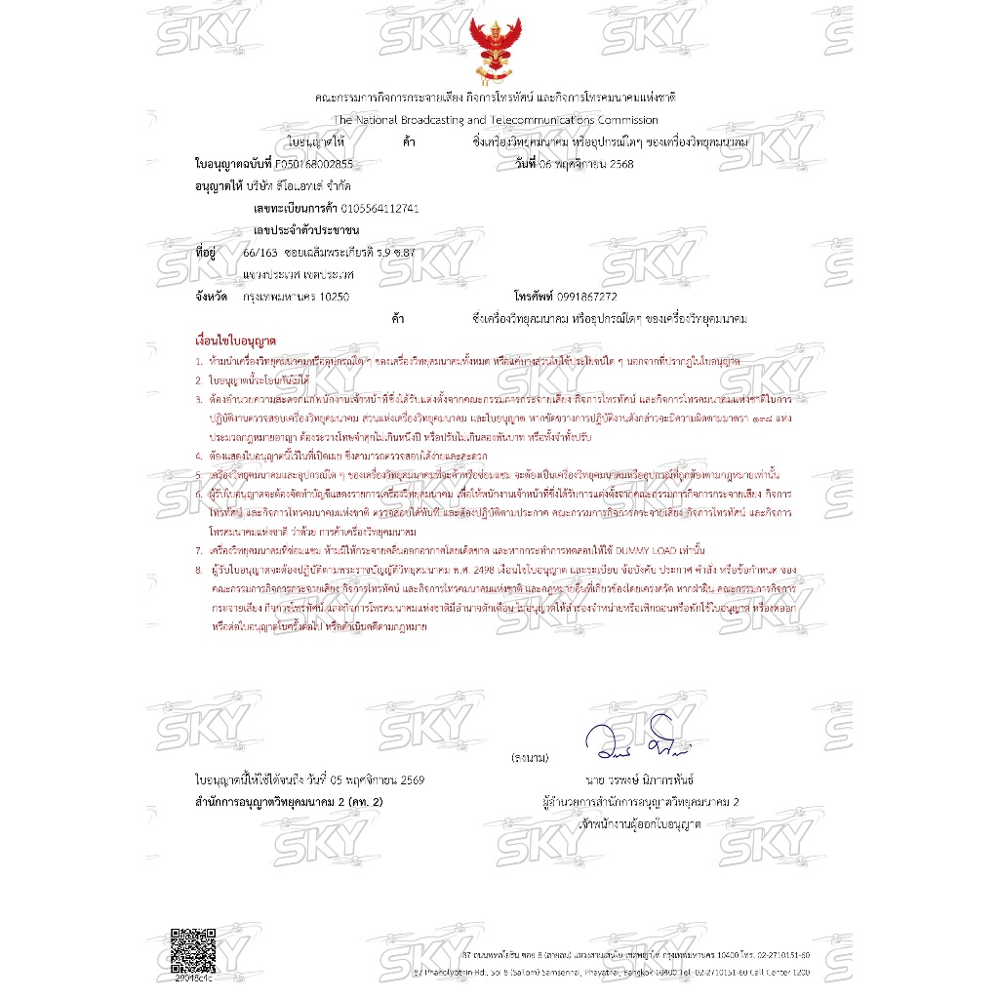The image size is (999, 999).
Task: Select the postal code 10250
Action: pyautogui.click(x=334, y=296)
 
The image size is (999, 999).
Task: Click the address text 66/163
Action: pyautogui.click(x=260, y=253)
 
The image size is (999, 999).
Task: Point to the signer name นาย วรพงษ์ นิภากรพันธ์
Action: pyautogui.click(x=640, y=781)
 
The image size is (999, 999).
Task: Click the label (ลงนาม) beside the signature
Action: pyautogui.click(x=530, y=757)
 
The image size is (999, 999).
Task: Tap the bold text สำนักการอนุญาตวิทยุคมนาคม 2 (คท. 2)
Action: pyautogui.click(x=290, y=802)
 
